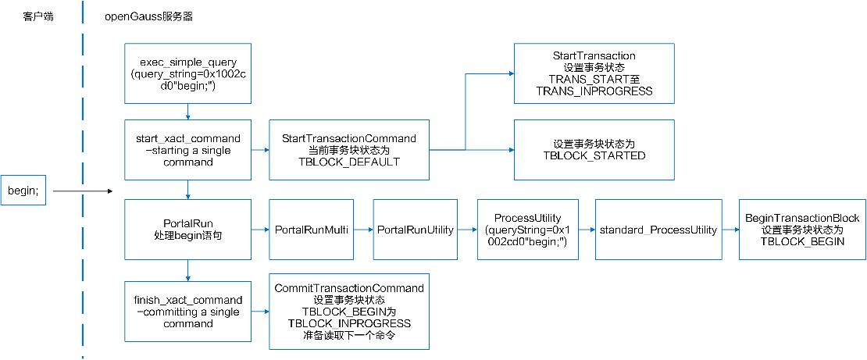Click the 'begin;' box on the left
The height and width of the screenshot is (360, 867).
tap(23, 191)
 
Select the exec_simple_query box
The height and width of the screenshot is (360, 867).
tap(187, 73)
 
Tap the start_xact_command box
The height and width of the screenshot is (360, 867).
tap(187, 150)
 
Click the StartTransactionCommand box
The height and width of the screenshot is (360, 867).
tap(348, 150)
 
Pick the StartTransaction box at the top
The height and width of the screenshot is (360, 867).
tap(594, 73)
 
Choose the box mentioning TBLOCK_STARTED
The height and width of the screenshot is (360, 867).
tap(594, 150)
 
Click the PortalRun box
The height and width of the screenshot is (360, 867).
tap(187, 230)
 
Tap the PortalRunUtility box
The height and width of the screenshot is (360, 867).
tap(416, 230)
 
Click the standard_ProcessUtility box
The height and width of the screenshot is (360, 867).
tap(658, 230)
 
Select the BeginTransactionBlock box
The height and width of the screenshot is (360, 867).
tap(802, 230)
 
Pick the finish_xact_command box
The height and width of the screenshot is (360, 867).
tap(187, 312)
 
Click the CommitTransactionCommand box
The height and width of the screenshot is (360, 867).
tap(348, 311)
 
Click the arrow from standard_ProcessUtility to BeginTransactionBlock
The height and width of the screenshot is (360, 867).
tap(730, 230)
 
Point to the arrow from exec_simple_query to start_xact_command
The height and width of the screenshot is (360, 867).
tap(187, 112)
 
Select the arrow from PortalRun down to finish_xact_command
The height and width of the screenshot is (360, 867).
tap(187, 271)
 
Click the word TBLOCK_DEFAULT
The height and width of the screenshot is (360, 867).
tap(348, 162)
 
